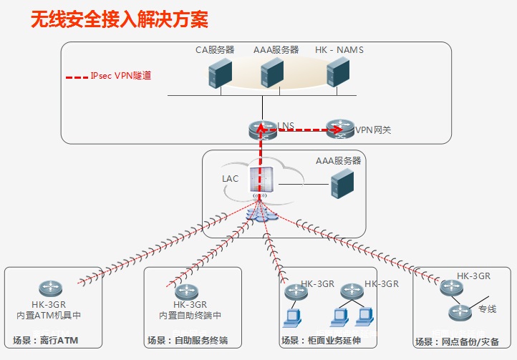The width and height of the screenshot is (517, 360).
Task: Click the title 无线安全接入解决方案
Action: pyautogui.click(x=120, y=19)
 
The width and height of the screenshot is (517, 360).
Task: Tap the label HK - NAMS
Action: pyautogui.click(x=339, y=50)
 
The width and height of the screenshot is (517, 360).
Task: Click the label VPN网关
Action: pyautogui.click(x=373, y=131)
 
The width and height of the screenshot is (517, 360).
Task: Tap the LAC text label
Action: pyautogui.click(x=230, y=177)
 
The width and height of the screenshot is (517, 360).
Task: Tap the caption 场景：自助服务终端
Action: pyautogui.click(x=187, y=340)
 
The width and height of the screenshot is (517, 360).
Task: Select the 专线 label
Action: pyautogui.click(x=488, y=309)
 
